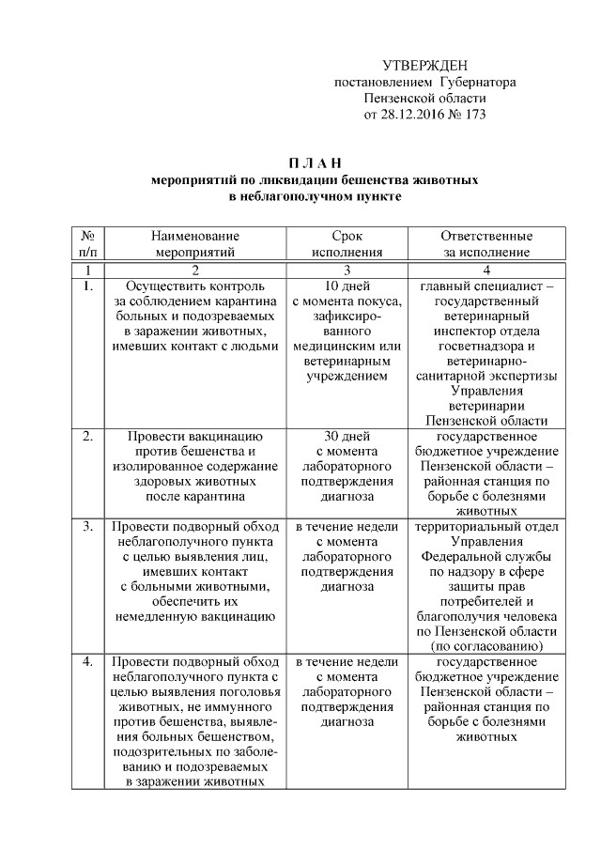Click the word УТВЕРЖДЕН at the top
pos(425,65)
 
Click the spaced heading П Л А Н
pos(314,163)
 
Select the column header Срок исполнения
pos(347,243)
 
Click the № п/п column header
pos(87,243)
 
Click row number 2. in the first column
pos(87,437)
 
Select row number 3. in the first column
pos(87,527)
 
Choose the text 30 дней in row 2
pos(347,437)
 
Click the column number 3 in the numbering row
pos(347,269)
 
